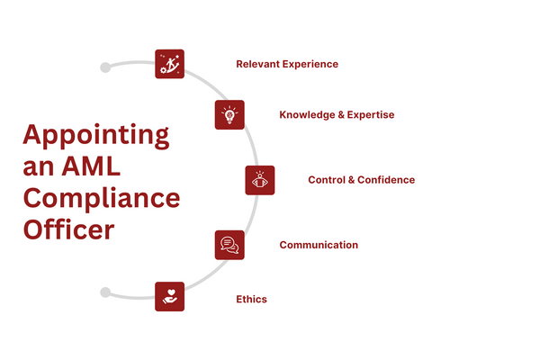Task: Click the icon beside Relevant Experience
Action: (x=169, y=64)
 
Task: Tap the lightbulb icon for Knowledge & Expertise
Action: (x=229, y=115)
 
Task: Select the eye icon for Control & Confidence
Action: (x=260, y=180)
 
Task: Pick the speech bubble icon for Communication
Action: (x=229, y=245)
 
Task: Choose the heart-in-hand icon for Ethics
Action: (x=169, y=296)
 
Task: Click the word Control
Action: (x=327, y=180)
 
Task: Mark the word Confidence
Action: (x=386, y=180)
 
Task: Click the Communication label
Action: (x=319, y=245)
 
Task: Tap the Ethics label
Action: (x=251, y=300)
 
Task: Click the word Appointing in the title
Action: (x=95, y=136)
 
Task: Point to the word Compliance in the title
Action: (x=101, y=198)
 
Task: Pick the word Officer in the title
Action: (x=68, y=229)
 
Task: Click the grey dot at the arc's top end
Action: (x=105, y=67)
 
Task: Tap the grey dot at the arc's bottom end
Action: (x=105, y=292)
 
